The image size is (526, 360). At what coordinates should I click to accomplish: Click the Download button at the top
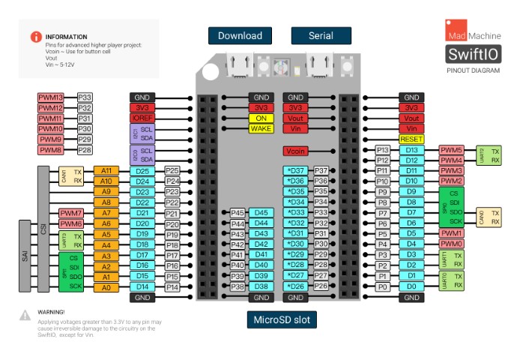click(240, 35)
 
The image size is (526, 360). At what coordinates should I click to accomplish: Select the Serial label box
click(321, 35)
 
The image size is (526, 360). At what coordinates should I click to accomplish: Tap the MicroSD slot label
click(281, 320)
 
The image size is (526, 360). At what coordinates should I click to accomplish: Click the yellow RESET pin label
click(411, 139)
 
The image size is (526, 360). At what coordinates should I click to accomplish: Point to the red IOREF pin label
click(142, 118)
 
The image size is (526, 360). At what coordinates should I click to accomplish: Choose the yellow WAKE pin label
click(261, 129)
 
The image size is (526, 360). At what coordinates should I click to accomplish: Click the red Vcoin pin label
click(296, 151)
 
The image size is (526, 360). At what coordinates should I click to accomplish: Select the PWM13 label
click(51, 97)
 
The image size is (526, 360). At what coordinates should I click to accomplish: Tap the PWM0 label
click(453, 244)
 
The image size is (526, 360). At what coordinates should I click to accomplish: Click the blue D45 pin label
click(261, 213)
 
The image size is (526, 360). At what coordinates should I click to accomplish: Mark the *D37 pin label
click(296, 171)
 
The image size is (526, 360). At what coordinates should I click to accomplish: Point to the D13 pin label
click(411, 150)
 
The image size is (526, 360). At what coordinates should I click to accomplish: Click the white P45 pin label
click(238, 213)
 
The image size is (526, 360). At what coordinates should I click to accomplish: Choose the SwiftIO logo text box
click(472, 55)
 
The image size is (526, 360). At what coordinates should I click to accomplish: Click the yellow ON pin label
click(261, 118)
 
